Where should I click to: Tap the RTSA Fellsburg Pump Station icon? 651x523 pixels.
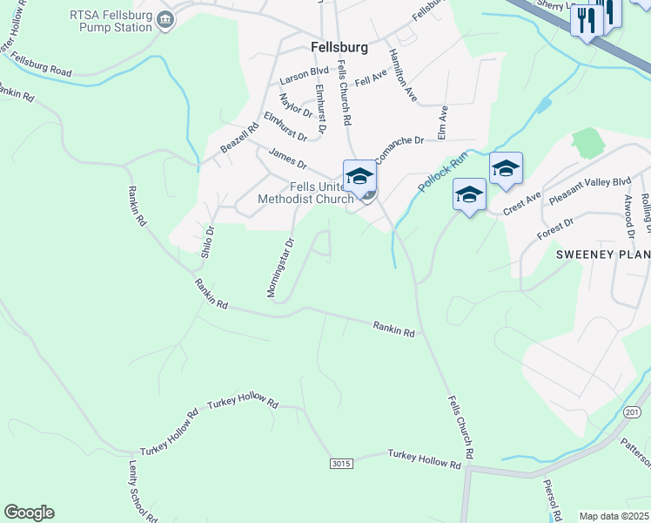[x=164, y=19]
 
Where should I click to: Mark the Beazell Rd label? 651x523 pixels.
[x=239, y=139]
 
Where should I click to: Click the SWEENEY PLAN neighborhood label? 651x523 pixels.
[x=603, y=255]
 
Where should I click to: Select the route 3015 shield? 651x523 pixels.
[x=341, y=464]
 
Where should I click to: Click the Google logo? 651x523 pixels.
[x=29, y=513]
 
